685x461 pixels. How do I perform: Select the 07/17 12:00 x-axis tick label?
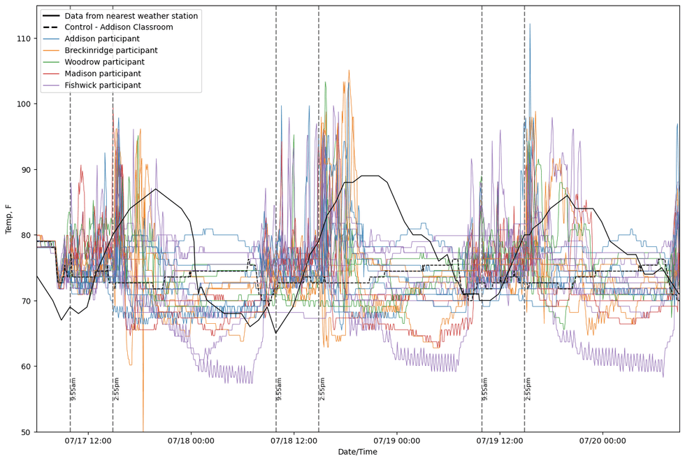(x=88, y=440)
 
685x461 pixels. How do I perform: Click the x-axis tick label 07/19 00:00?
(x=397, y=440)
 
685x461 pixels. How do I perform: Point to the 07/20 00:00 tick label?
(x=603, y=440)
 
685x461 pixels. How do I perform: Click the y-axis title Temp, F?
(x=9, y=219)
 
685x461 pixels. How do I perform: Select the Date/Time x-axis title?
(x=357, y=452)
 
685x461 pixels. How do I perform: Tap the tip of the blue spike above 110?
(x=530, y=24)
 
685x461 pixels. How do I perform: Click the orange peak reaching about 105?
(x=349, y=71)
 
